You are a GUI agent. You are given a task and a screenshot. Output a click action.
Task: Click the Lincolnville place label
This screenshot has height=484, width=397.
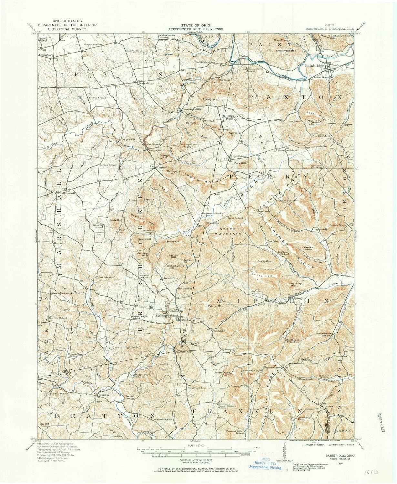point(170,278)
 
